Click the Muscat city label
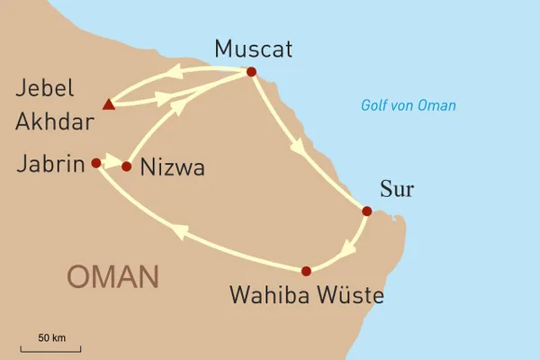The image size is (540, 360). (x=255, y=49)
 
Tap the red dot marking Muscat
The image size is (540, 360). (x=251, y=72)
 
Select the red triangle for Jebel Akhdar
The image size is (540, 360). (x=109, y=104)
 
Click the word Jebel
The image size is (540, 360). (x=48, y=90)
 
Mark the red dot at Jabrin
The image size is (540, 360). (x=95, y=163)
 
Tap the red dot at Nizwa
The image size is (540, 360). (x=127, y=166)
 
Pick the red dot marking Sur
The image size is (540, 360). (x=366, y=211)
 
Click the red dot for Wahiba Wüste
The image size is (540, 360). (x=306, y=271)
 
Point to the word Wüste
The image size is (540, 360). (x=349, y=295)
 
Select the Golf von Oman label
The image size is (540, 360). (x=409, y=106)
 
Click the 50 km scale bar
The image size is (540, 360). (x=52, y=349)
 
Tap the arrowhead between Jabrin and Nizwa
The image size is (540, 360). (x=112, y=164)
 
